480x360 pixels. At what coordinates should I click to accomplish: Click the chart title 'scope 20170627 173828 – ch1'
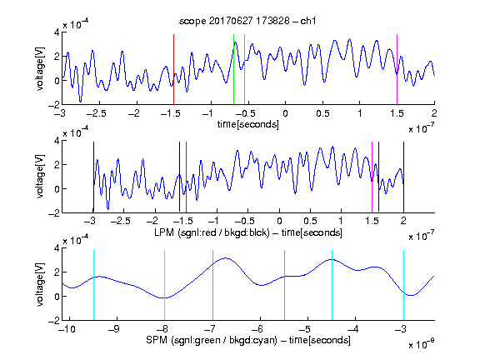[247, 21]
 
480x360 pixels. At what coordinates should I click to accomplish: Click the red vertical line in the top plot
[173, 69]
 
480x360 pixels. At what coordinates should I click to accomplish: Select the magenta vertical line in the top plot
[397, 69]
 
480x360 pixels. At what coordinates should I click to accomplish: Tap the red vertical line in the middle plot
[186, 177]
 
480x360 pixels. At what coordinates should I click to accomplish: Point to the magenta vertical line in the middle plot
[372, 177]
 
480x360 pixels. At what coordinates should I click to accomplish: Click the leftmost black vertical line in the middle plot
[93, 177]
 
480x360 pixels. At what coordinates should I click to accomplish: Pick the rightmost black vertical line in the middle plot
[403, 177]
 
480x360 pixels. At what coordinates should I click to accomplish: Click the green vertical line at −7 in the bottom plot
[212, 285]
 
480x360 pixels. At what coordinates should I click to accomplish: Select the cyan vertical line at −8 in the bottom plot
[165, 285]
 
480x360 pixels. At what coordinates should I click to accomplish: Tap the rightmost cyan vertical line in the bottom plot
[403, 285]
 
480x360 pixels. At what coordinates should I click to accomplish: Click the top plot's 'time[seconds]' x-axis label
[248, 124]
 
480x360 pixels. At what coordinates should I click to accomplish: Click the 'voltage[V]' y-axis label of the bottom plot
[40, 284]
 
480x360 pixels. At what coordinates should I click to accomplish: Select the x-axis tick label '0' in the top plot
[285, 113]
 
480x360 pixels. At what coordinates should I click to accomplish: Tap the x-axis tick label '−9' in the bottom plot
[115, 329]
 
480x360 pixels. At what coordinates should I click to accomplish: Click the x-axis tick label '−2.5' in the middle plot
[121, 221]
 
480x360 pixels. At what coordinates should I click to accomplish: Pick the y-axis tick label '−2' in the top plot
[53, 105]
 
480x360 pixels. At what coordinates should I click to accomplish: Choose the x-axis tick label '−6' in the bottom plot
[259, 329]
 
